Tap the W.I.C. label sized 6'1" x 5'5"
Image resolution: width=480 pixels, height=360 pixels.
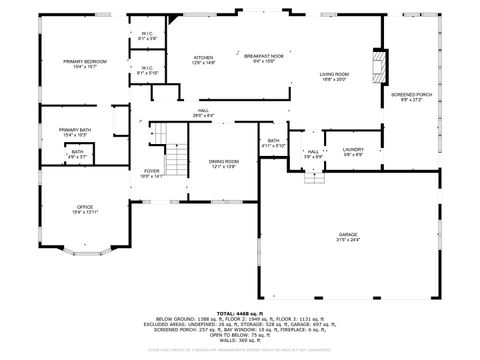click(x=147, y=36)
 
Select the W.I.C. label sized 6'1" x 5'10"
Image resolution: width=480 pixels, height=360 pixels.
click(x=147, y=70)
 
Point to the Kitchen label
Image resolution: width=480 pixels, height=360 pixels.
click(x=203, y=60)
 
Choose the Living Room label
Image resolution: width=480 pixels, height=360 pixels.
click(x=334, y=78)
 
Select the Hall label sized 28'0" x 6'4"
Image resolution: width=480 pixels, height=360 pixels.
click(x=203, y=113)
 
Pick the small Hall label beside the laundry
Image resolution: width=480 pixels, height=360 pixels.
click(x=313, y=153)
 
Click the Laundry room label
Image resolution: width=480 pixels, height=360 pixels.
click(x=354, y=153)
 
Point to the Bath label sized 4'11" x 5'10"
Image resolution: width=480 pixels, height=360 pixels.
click(x=273, y=143)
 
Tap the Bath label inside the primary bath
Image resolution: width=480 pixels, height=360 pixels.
click(x=77, y=154)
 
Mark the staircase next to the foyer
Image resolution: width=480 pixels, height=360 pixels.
click(x=176, y=150)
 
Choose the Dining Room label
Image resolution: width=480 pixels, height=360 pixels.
click(x=223, y=164)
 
